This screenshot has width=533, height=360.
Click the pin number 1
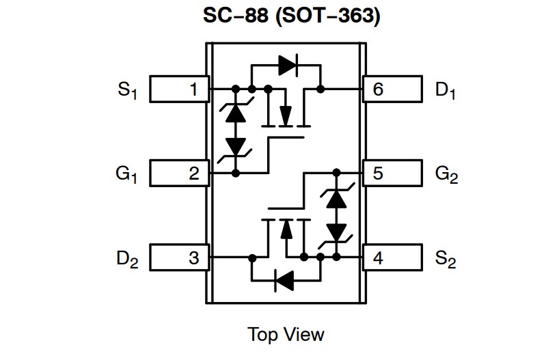(x=194, y=89)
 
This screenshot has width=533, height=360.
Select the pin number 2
(x=194, y=174)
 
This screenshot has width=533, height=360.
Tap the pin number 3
(x=194, y=258)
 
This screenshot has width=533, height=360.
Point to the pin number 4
(x=378, y=258)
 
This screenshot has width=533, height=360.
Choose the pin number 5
(x=378, y=174)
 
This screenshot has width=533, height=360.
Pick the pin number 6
(x=378, y=89)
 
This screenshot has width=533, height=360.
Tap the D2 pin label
(x=127, y=259)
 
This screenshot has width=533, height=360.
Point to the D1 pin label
(x=445, y=89)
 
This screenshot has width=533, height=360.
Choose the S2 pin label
(x=446, y=259)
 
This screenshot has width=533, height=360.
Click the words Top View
(x=286, y=334)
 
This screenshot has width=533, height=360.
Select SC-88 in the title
(x=233, y=15)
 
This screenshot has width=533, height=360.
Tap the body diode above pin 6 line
(x=287, y=65)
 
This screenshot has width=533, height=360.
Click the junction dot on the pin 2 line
(x=236, y=174)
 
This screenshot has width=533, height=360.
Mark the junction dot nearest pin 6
(x=320, y=89)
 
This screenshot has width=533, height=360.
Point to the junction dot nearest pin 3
(x=252, y=258)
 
